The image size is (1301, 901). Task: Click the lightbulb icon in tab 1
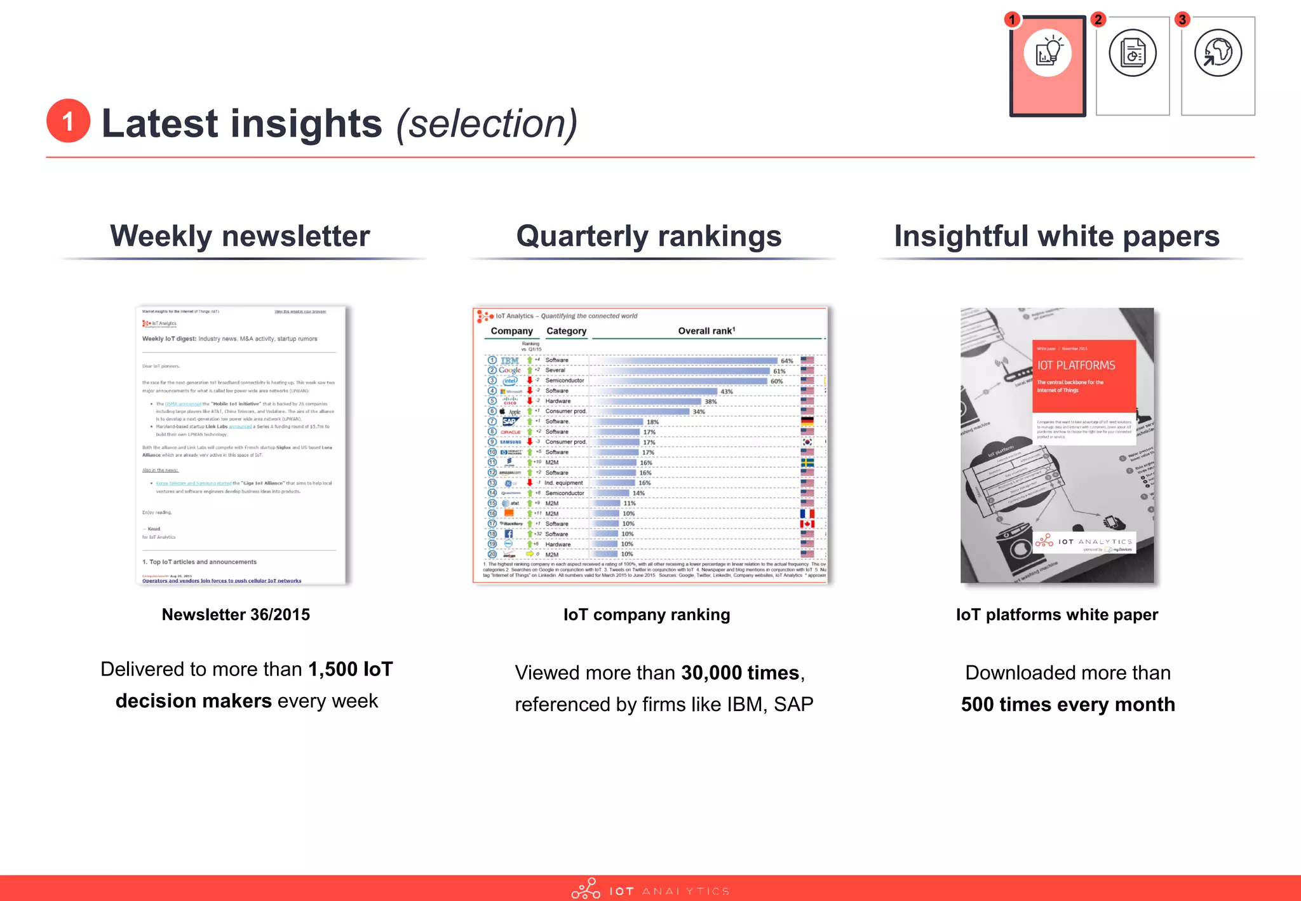(1048, 53)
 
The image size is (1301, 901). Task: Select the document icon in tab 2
(1133, 53)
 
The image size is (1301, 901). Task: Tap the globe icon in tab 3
(1218, 53)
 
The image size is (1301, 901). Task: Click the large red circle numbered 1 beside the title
(68, 121)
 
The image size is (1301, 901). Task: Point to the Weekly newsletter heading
(240, 236)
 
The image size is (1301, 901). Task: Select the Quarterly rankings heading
(649, 236)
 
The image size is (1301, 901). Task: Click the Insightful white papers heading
(1056, 236)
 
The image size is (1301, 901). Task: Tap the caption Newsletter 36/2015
(236, 614)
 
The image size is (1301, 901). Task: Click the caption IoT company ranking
(647, 614)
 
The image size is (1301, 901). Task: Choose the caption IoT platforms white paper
(1057, 614)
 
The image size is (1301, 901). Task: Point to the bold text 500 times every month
(1068, 705)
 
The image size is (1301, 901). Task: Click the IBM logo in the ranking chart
(510, 360)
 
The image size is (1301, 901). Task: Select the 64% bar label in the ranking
(786, 361)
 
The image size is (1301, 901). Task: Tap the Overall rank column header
(706, 331)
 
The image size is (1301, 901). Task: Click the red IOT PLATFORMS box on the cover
(1084, 376)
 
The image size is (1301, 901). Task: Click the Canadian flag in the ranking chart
(807, 524)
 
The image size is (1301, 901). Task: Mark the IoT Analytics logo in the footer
(650, 890)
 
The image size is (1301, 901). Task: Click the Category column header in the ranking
(566, 331)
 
